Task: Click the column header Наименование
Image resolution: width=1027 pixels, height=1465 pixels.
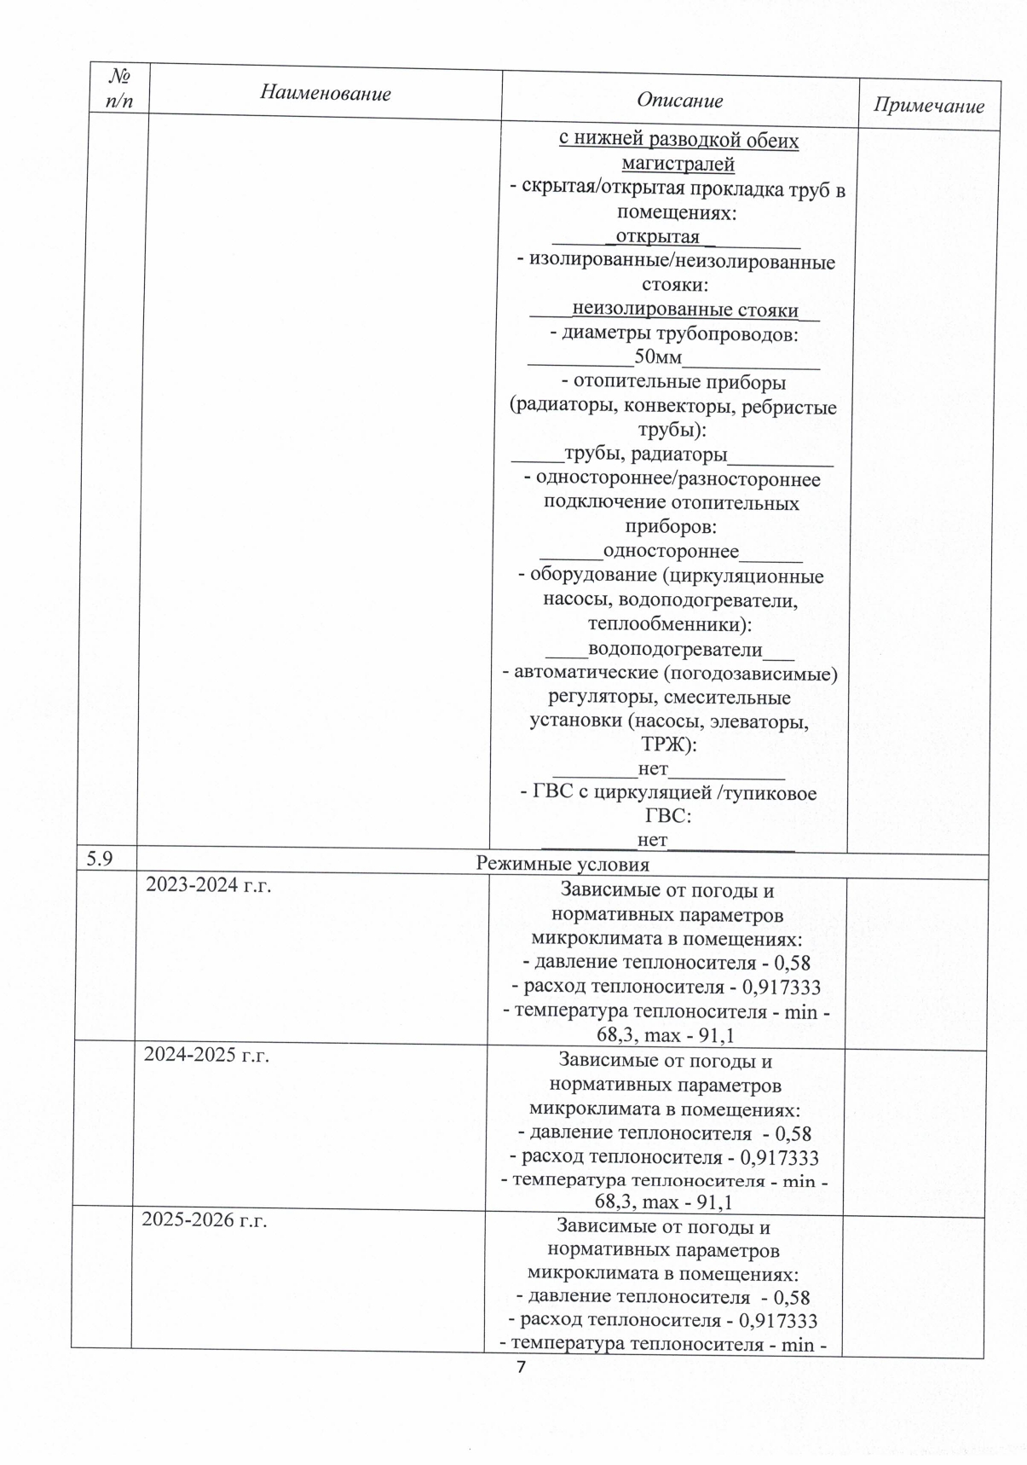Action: pyautogui.click(x=326, y=93)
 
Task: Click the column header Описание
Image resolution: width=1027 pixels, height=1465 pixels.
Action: pyautogui.click(x=679, y=101)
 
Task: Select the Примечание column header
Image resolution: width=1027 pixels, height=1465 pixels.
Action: pyautogui.click(x=928, y=106)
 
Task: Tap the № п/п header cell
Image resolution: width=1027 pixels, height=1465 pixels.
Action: pyautogui.click(x=119, y=88)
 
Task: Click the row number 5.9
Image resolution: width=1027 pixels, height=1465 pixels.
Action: pyautogui.click(x=100, y=859)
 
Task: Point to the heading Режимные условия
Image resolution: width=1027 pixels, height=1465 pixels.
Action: pyautogui.click(x=563, y=865)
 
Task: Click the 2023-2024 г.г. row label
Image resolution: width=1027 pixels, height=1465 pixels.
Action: pyautogui.click(x=208, y=885)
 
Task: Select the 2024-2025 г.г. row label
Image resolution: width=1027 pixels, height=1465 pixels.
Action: pyautogui.click(x=206, y=1055)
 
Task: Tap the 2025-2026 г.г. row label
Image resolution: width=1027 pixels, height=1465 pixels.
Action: pyautogui.click(x=205, y=1220)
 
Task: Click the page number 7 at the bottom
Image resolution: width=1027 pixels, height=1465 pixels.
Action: pyautogui.click(x=522, y=1368)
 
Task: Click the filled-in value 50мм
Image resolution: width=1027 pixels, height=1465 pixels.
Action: pyautogui.click(x=659, y=357)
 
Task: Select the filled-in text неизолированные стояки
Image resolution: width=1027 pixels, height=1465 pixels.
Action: pyautogui.click(x=685, y=310)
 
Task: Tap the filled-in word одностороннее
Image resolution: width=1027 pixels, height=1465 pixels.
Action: pyautogui.click(x=671, y=552)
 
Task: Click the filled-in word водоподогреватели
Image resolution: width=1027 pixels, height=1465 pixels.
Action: pyautogui.click(x=675, y=650)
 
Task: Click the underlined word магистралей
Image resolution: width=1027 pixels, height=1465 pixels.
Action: pyautogui.click(x=679, y=164)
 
